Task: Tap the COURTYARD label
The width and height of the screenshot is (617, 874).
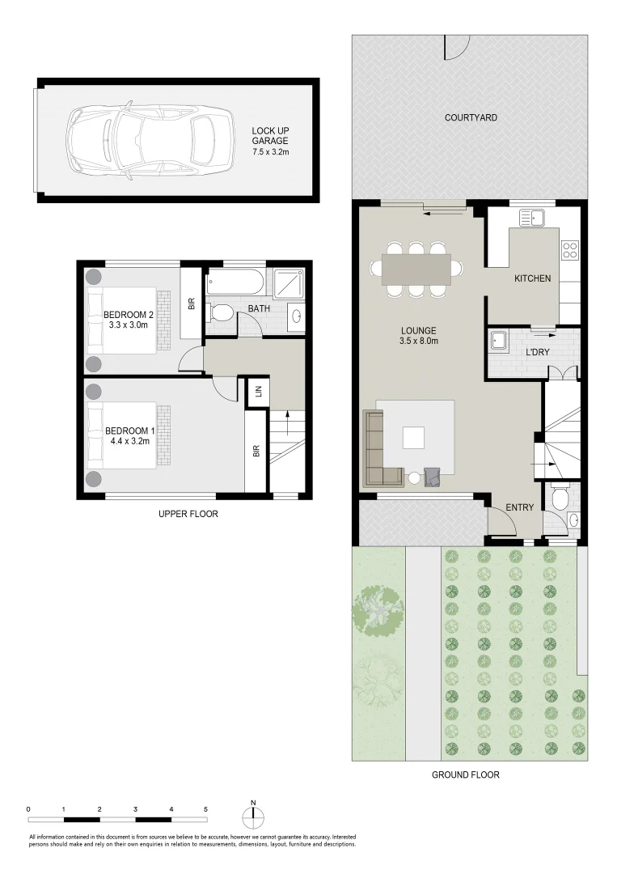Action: (471, 118)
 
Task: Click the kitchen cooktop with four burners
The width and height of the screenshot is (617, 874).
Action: (569, 249)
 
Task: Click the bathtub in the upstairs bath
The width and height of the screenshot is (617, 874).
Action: (235, 283)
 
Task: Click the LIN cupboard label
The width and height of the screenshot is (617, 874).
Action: (258, 392)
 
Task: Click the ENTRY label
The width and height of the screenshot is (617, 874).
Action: (519, 507)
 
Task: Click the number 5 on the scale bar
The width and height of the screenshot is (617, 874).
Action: (205, 809)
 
